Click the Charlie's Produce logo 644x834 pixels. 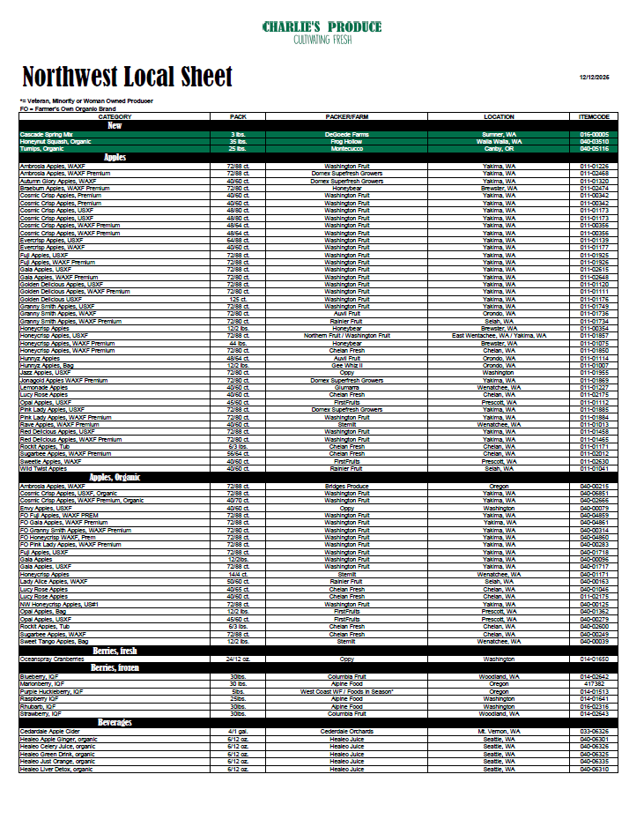(x=322, y=33)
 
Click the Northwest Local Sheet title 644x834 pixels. (x=127, y=77)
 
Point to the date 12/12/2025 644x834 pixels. (x=595, y=78)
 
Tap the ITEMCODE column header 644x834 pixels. (x=595, y=116)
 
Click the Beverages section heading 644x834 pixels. (x=115, y=723)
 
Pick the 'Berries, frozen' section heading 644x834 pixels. (x=115, y=668)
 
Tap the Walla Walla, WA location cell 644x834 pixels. (x=500, y=141)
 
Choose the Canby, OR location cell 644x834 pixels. (x=500, y=148)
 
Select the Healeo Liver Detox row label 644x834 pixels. (x=56, y=770)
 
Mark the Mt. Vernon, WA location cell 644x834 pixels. (x=500, y=732)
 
